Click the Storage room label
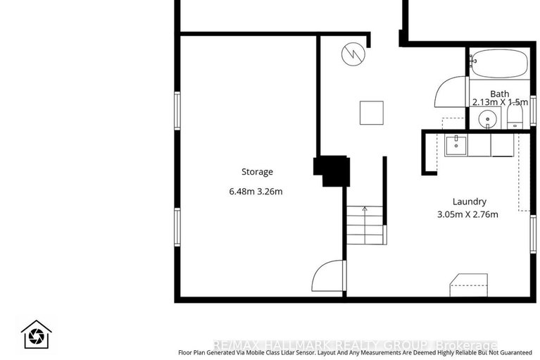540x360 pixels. pos(257,172)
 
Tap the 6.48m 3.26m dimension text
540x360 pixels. pos(257,192)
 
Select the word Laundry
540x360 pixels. pos(470,201)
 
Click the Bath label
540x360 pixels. pos(500,94)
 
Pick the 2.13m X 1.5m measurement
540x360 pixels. pos(500,103)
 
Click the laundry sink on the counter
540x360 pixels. pos(455,145)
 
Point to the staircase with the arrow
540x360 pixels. pos(364,225)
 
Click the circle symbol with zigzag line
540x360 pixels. pos(351,54)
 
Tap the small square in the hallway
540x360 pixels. pos(371,113)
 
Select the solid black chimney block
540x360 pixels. pos(332,170)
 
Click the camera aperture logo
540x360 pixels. pos(34,335)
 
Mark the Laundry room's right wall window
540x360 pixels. pos(533,235)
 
